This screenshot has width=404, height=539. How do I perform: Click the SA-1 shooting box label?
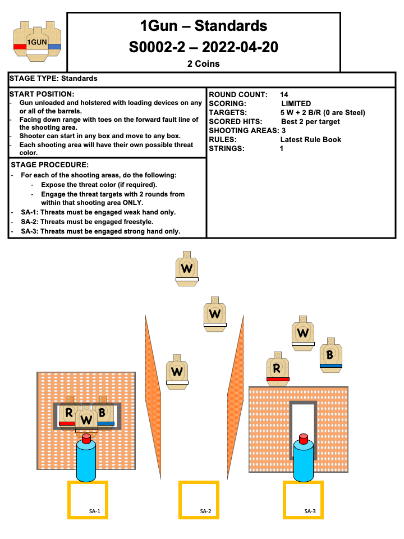[94, 511]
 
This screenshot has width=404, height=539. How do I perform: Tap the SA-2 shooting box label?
[205, 511]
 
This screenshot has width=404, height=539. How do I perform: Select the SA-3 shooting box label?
[310, 511]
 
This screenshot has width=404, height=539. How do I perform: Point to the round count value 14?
[284, 95]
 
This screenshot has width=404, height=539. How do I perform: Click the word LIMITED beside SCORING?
[296, 104]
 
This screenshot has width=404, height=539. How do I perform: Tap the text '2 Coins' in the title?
[203, 64]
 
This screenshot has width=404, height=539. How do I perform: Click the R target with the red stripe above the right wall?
[277, 368]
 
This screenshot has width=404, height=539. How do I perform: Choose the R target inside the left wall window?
[68, 413]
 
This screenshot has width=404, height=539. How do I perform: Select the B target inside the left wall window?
[103, 412]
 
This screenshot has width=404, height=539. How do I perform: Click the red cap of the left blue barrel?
[86, 438]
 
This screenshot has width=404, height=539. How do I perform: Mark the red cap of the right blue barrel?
[304, 438]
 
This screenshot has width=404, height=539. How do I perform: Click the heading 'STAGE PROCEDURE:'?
[49, 165]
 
